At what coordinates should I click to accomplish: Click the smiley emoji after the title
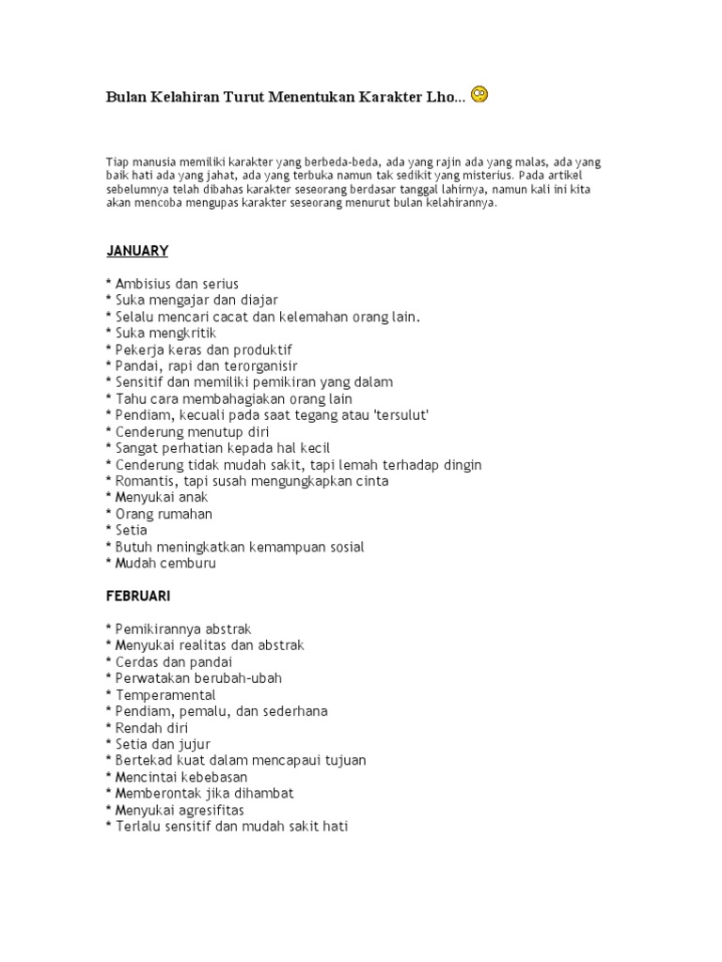(479, 95)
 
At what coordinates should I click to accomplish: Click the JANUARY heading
(136, 251)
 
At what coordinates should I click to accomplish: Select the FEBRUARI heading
(138, 596)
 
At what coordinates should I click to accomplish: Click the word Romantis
(144, 481)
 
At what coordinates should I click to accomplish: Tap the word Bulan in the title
(125, 98)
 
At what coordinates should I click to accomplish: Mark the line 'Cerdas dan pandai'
(169, 661)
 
